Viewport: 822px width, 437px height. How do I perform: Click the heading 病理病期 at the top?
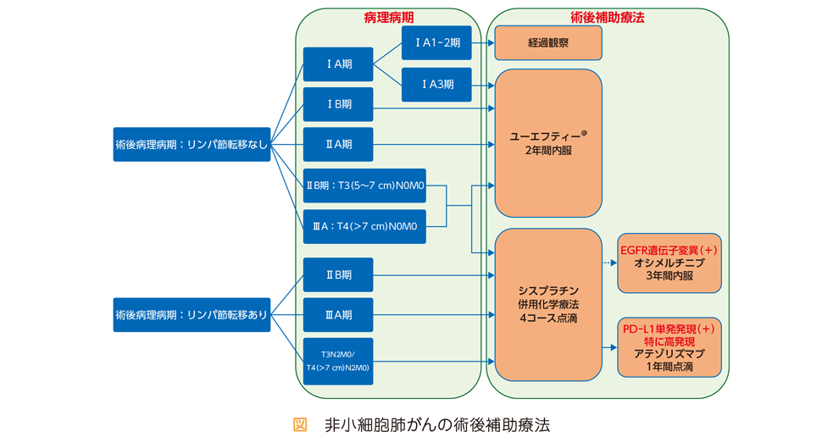[388, 17]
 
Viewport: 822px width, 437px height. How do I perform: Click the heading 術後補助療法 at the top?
[607, 17]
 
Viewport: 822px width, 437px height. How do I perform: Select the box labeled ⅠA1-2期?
[436, 43]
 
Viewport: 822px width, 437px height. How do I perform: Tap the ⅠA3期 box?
[436, 85]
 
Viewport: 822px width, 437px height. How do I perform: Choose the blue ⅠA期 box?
[338, 64]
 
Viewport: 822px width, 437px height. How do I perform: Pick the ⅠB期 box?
[338, 105]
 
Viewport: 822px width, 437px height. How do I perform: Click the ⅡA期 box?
[338, 145]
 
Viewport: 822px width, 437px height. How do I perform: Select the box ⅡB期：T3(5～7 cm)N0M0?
[364, 185]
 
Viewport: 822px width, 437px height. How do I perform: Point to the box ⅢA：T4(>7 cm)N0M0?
[364, 226]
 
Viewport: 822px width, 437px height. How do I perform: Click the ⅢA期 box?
[338, 315]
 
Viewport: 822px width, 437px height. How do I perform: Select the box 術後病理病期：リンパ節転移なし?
[192, 145]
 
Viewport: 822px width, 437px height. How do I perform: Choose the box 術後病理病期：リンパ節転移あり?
[192, 315]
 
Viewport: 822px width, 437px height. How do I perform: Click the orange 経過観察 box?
[548, 43]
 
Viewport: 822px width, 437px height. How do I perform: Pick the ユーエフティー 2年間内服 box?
[548, 143]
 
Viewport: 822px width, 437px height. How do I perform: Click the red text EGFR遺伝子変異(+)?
[669, 251]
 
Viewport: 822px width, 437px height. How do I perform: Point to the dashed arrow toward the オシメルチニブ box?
[609, 263]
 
